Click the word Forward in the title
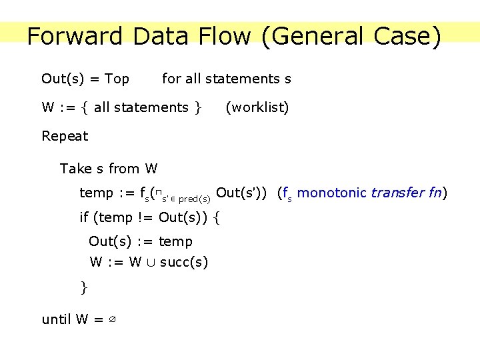tap(75, 36)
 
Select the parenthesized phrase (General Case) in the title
tap(351, 36)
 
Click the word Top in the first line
tap(117, 79)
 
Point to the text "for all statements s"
tap(227, 79)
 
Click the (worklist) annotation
tap(257, 107)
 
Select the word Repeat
tap(65, 137)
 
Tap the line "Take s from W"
tap(109, 169)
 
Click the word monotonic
tap(332, 193)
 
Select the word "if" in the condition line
tap(84, 217)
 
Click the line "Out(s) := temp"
tap(141, 241)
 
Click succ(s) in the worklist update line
tap(184, 263)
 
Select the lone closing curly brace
tap(84, 287)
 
